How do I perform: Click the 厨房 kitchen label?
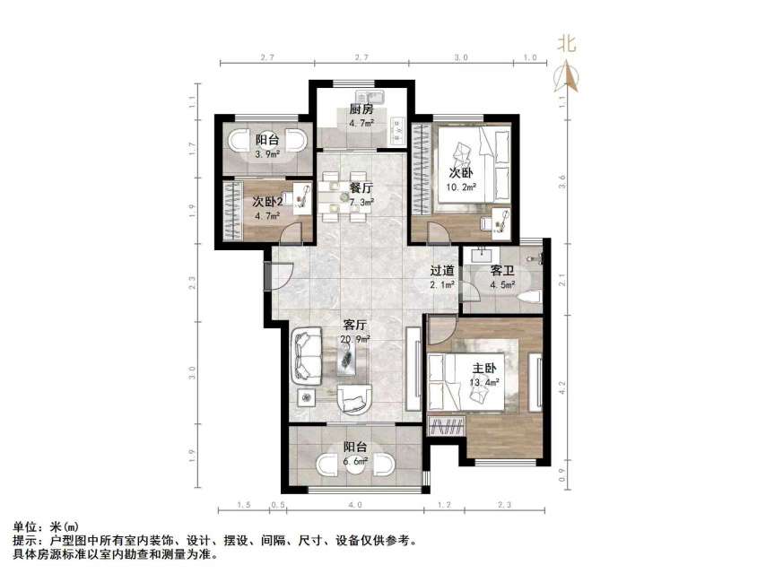361,109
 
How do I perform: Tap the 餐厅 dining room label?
361,187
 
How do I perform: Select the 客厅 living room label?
355,325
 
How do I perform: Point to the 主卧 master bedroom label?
484,369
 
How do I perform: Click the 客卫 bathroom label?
502,271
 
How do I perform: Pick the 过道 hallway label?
441,271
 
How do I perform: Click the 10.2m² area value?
462,187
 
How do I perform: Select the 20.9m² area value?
355,338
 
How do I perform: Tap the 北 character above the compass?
567,44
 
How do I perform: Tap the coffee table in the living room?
348,359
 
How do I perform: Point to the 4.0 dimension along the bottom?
356,506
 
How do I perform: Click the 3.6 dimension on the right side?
561,179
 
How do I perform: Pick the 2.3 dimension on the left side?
192,286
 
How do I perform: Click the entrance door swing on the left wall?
279,274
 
